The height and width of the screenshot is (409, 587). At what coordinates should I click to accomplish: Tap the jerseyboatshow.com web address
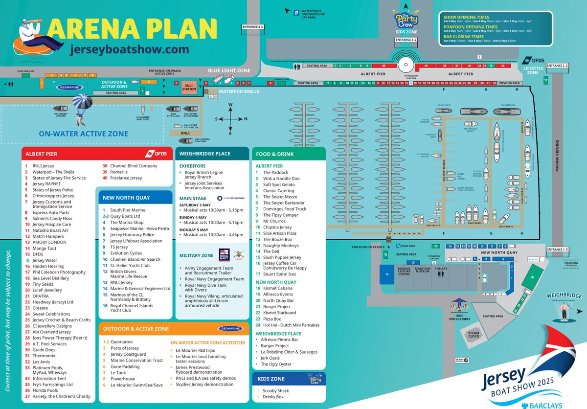130,49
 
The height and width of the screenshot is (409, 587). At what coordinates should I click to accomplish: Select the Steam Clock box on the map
474,335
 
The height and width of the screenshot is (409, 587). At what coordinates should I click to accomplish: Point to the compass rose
231,119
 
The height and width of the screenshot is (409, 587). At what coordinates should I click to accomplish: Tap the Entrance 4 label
252,27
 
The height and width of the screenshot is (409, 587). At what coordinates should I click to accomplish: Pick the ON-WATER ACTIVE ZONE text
84,134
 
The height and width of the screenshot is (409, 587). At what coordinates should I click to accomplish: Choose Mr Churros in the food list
274,221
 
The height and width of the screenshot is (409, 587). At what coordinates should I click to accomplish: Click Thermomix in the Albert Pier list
43,356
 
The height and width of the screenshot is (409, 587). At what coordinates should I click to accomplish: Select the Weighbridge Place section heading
204,154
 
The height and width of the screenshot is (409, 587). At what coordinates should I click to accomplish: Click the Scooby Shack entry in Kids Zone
276,391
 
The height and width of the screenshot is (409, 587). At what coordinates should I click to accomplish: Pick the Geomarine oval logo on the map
69,87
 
